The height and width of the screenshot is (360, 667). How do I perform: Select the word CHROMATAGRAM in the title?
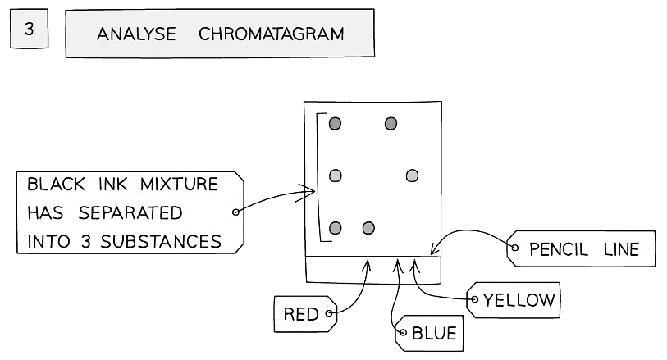(x=271, y=34)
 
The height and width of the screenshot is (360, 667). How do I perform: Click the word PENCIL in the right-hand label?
(x=559, y=249)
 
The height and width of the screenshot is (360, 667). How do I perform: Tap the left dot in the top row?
(x=335, y=123)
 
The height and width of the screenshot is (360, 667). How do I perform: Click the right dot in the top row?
(x=391, y=123)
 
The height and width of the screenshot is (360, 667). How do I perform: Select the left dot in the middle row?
(x=335, y=175)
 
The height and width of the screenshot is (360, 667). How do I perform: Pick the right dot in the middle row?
(x=412, y=175)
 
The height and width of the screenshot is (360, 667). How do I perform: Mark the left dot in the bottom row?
(x=335, y=228)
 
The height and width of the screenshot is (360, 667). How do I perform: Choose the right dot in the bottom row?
(x=368, y=228)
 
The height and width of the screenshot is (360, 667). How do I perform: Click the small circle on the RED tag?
(x=329, y=312)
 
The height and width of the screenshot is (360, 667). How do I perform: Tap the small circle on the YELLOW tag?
(x=474, y=300)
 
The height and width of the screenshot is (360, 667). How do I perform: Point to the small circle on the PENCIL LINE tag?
(x=515, y=247)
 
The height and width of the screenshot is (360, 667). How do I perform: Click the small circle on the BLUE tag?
(x=402, y=333)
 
